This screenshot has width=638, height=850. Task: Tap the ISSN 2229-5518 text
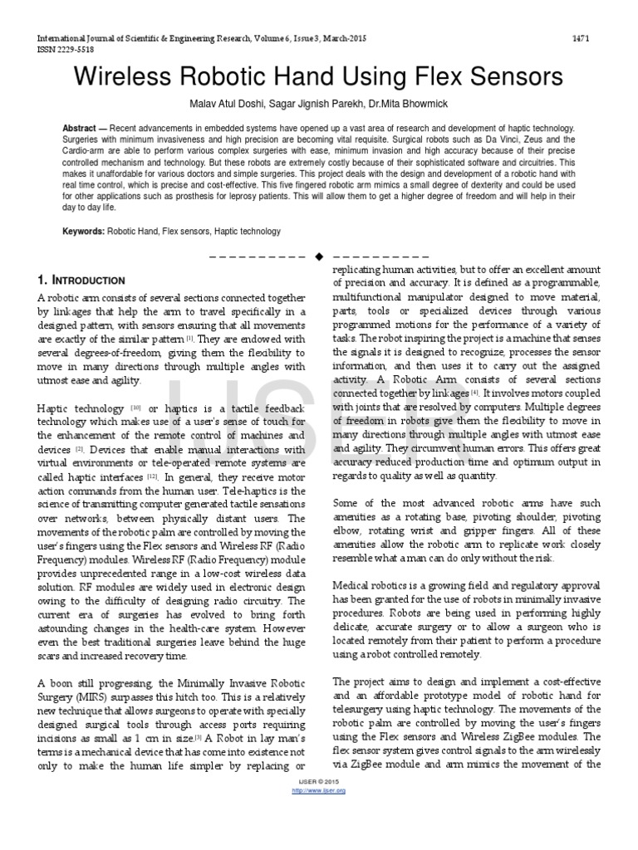click(x=63, y=49)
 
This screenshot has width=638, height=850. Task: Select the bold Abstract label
click(x=83, y=130)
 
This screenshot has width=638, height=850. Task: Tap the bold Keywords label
click(x=83, y=232)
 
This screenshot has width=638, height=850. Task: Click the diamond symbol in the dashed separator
click(x=318, y=256)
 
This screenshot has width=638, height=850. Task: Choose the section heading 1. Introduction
click(x=81, y=281)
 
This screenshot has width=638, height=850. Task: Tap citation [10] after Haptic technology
click(x=135, y=408)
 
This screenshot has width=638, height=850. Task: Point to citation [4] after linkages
click(x=475, y=392)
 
